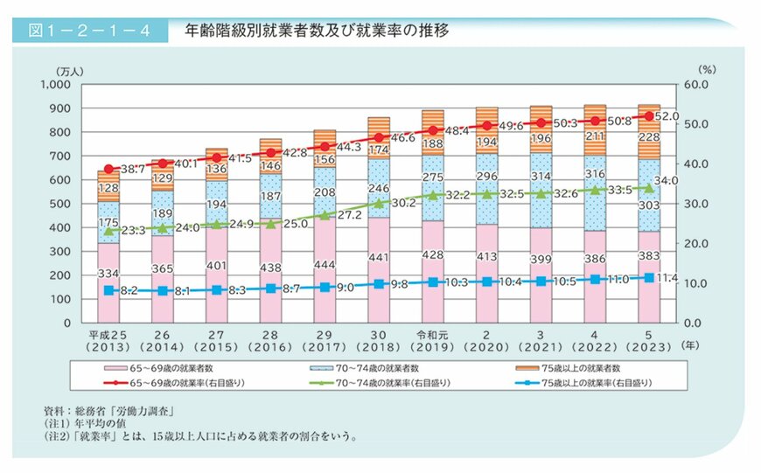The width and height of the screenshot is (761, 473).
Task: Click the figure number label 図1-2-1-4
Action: pos(86,31)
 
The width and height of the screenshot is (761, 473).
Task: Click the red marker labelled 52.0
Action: pos(649,115)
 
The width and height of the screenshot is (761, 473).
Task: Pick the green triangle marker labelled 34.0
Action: pos(649,187)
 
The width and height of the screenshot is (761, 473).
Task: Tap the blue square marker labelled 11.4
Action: pos(649,277)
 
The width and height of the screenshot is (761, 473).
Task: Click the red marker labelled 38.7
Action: pos(108,169)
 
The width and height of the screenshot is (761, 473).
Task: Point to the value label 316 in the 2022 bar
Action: pos(595,199)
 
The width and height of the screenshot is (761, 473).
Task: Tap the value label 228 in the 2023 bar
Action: pos(649,136)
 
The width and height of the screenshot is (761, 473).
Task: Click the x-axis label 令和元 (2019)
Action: pos(432,341)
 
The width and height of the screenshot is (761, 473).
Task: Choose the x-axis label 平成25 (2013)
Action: pos(108,341)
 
